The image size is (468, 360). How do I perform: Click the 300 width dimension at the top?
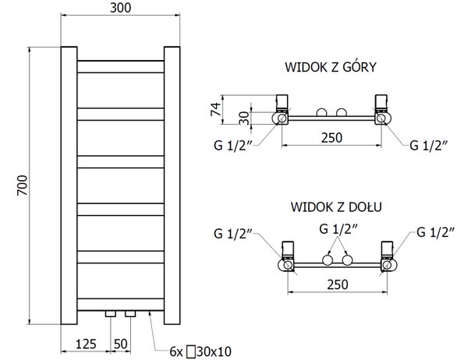pos(121,8)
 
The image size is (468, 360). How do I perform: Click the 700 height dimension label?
pos(22,185)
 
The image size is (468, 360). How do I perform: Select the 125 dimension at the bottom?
pos(86,344)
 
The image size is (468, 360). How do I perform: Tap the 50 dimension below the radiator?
pos(121,344)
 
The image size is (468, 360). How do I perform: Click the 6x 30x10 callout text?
pos(200,351)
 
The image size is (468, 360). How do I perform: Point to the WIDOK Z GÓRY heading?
pos(331,67)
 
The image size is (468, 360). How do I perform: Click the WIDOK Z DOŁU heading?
pos(336,206)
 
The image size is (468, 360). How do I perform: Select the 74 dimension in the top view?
pos(216,109)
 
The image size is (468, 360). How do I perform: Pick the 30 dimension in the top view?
pos(244,118)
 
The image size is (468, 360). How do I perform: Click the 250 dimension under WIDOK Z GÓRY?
pos(331,138)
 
